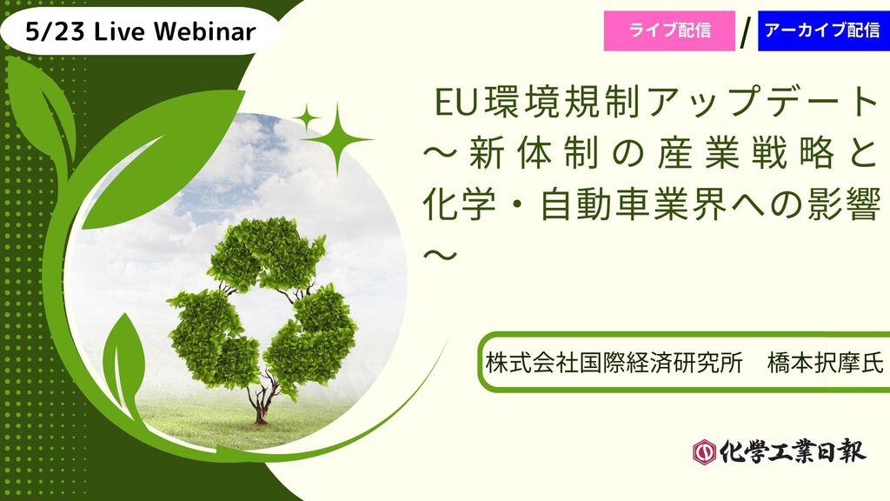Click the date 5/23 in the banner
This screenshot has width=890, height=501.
[54, 32]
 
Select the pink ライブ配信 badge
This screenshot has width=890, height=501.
[669, 30]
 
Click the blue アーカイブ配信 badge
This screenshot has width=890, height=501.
[824, 30]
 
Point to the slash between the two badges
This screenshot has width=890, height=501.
[747, 34]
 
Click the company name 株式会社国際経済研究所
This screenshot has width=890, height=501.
[614, 362]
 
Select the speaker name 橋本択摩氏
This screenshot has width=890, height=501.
[826, 362]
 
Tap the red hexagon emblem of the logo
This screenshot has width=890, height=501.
[705, 452]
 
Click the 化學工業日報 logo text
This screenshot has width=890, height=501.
[793, 451]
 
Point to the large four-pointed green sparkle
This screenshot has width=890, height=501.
[338, 138]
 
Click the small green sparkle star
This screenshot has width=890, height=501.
[307, 118]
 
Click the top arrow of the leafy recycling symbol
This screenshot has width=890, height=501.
[266, 253]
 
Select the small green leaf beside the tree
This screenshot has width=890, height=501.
[123, 357]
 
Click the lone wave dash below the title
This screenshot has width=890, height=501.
[441, 255]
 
